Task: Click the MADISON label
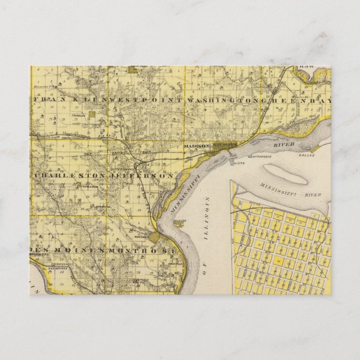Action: pos(196,146)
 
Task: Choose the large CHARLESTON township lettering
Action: pos(70,176)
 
